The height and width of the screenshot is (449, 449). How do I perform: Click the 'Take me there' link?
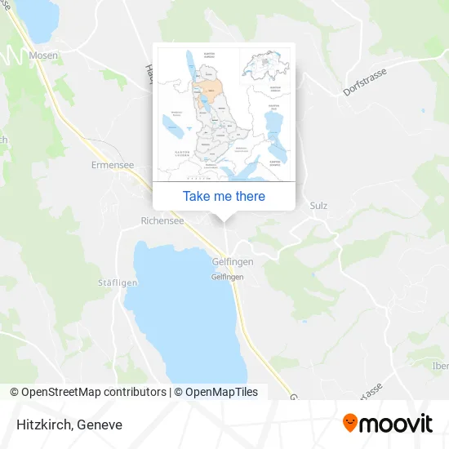pyautogui.click(x=224, y=196)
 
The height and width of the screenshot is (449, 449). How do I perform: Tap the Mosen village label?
pyautogui.click(x=43, y=55)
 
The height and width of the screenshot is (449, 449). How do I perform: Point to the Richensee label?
pyautogui.click(x=162, y=220)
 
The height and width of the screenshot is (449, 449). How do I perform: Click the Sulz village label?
pyautogui.click(x=318, y=206)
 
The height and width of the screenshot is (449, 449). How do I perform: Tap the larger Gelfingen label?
pyautogui.click(x=232, y=261)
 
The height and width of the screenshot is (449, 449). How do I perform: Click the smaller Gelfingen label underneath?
pyautogui.click(x=229, y=277)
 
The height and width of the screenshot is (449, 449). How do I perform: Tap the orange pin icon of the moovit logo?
pyautogui.click(x=350, y=424)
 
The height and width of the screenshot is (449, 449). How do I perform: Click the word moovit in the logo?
pyautogui.click(x=397, y=425)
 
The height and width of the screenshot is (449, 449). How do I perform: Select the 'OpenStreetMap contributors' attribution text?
pyautogui.click(x=93, y=392)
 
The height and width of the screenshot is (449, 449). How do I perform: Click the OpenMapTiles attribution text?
pyautogui.click(x=221, y=392)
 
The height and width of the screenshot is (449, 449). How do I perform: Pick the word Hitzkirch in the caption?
pyautogui.click(x=41, y=425)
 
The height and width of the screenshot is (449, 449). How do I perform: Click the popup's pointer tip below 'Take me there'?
pyautogui.click(x=224, y=218)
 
